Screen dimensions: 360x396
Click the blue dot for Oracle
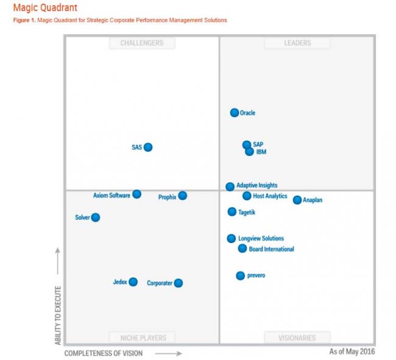click(235, 113)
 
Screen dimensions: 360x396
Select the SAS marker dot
click(148, 147)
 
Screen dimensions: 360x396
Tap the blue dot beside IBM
click(249, 152)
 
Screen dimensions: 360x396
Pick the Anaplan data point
click(297, 200)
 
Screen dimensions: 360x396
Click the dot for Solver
click(96, 217)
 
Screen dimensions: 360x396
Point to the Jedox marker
click(133, 282)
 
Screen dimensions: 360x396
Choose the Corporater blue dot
click(179, 283)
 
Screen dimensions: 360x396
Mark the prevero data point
click(241, 276)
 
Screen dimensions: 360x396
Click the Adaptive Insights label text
click(256, 185)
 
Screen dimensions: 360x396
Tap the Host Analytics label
click(270, 196)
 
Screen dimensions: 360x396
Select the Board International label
click(271, 249)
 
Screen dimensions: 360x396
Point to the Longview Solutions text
click(261, 239)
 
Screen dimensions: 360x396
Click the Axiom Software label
click(111, 196)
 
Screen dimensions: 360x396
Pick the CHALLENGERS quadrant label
click(142, 43)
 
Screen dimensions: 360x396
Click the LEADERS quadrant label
click(297, 43)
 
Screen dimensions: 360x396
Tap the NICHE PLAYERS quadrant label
click(142, 337)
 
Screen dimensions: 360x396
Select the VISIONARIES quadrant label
click(297, 337)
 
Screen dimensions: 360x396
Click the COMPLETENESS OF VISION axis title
click(104, 353)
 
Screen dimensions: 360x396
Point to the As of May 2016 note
click(352, 351)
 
